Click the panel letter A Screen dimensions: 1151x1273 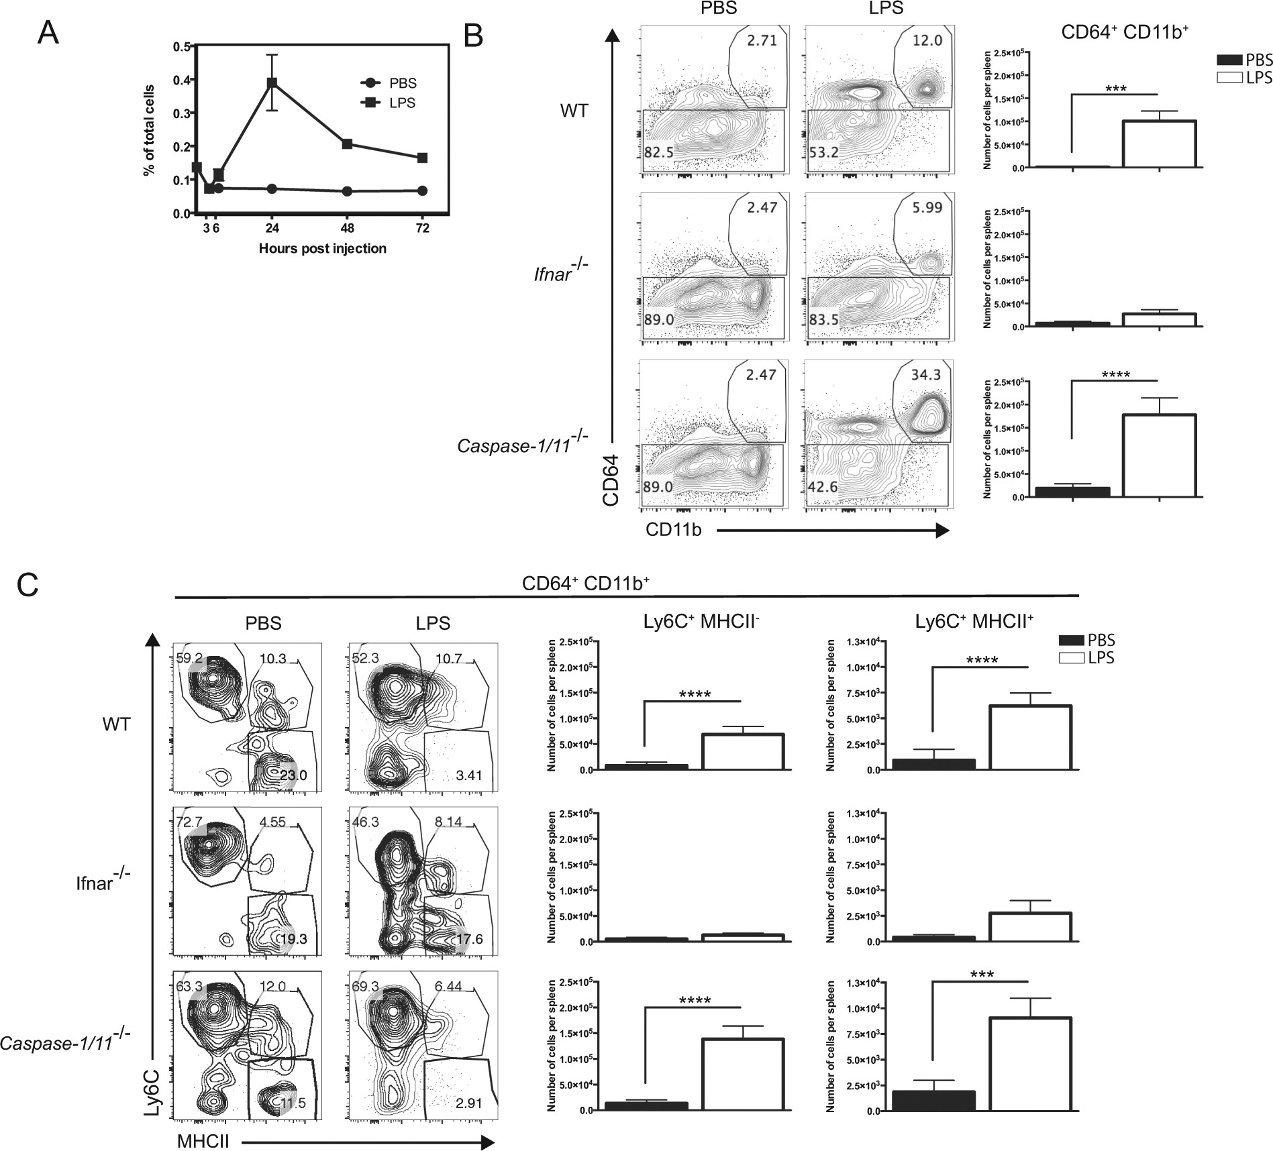48,33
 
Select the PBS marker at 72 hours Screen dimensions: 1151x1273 422,190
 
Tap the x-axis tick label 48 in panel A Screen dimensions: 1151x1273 347,228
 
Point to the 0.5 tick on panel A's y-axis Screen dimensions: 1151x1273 181,47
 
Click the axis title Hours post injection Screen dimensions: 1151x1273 322,249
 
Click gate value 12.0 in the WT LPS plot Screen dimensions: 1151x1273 927,41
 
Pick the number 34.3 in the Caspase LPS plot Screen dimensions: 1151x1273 926,375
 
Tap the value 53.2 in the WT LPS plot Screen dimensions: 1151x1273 824,153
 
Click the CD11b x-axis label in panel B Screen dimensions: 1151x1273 674,530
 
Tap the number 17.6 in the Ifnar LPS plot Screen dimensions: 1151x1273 468,940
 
